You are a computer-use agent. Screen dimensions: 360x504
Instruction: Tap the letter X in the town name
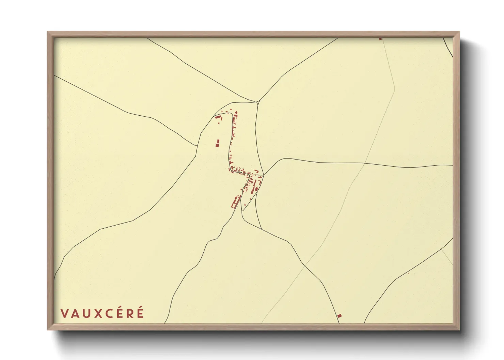[x=97, y=313]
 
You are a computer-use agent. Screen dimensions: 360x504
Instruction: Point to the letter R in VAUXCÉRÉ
[x=130, y=313]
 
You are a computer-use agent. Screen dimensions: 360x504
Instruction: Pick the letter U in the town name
[x=86, y=313]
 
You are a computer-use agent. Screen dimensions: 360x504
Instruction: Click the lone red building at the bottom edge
[x=339, y=316]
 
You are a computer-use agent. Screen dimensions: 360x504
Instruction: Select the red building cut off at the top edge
[x=380, y=39]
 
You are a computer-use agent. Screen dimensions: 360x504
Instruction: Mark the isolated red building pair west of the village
[x=217, y=143]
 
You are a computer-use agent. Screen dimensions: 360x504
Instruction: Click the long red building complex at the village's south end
[x=235, y=201]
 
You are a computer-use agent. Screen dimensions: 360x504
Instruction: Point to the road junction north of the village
[x=258, y=101]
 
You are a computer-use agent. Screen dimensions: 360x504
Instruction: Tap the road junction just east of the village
[x=264, y=175]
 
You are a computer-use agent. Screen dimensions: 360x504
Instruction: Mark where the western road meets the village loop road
[x=198, y=146]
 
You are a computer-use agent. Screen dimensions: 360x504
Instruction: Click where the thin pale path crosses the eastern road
[x=364, y=164]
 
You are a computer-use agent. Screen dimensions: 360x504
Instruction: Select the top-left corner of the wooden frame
[x=48, y=32]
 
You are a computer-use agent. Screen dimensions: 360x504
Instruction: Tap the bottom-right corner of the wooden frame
[x=459, y=330]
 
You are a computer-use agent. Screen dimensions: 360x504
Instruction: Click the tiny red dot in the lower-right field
[x=409, y=273]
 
